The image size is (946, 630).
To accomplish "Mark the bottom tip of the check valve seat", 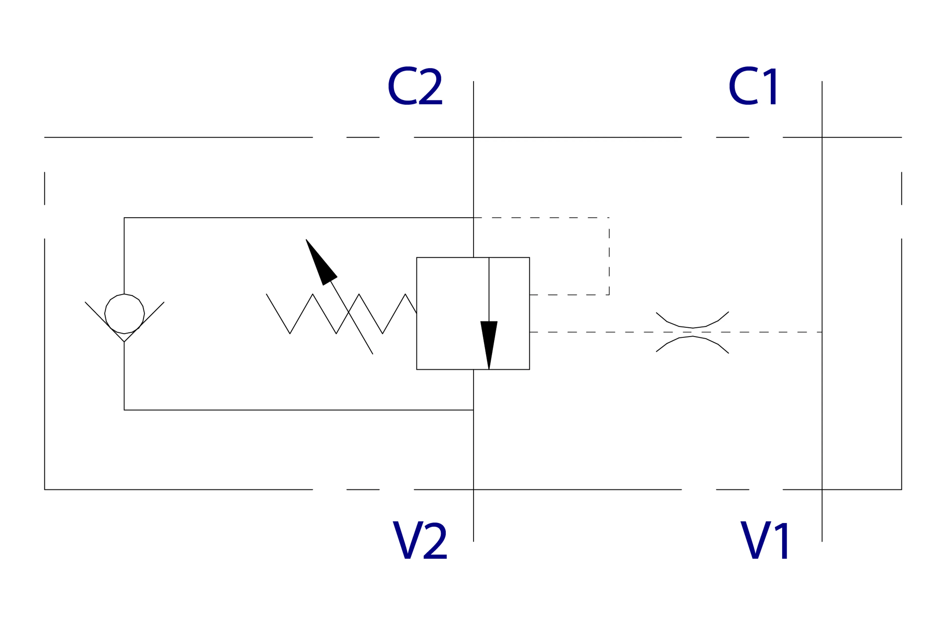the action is tap(124, 342).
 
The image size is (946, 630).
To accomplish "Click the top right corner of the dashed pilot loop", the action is tap(609, 218).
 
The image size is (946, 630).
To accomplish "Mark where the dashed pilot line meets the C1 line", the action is tap(822, 332).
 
